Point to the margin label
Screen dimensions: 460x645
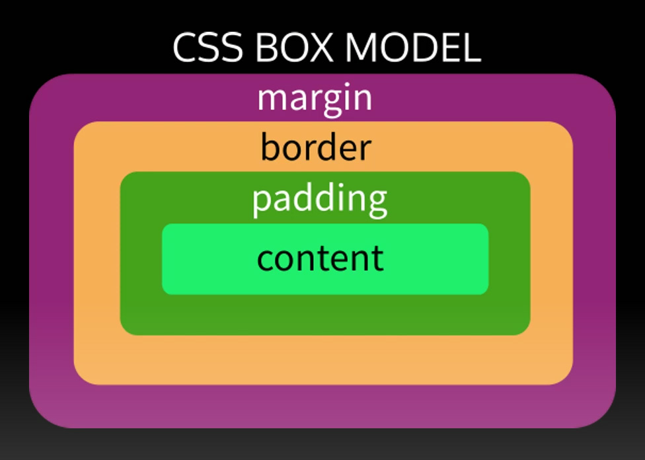315,98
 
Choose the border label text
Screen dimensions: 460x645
316,147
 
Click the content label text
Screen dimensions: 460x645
321,258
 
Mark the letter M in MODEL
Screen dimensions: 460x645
364,48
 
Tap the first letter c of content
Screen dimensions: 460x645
266,259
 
